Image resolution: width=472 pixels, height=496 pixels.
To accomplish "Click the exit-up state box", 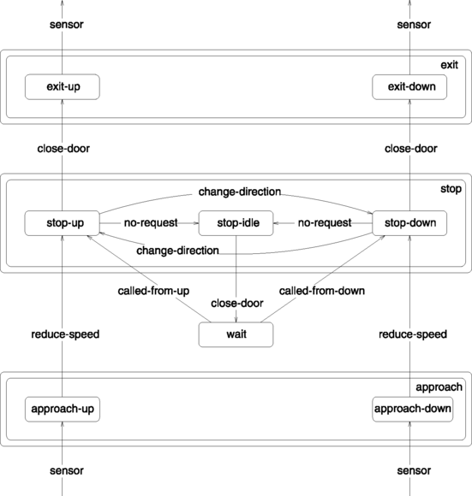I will click(63, 86).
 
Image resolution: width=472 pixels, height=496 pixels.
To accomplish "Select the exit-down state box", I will click(409, 86).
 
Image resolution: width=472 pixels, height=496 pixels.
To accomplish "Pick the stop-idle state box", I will click(236, 223).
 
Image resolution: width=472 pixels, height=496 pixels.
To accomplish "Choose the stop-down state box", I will click(409, 223).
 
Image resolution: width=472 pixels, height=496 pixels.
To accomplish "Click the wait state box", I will click(236, 334).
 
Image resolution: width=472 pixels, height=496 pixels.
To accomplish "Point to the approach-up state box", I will click(63, 409).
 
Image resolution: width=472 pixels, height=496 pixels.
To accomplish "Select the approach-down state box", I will click(409, 409).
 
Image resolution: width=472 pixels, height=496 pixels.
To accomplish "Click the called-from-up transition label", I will click(153, 291).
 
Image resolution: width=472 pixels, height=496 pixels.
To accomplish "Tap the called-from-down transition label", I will click(322, 291).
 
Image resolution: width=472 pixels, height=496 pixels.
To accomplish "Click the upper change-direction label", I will click(239, 191).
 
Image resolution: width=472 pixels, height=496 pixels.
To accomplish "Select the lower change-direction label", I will click(176, 251).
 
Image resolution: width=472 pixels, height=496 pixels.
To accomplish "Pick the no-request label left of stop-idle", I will click(150, 223).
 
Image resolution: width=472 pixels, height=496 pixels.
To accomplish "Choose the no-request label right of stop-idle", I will click(325, 223).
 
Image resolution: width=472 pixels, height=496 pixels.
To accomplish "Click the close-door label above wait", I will click(236, 304).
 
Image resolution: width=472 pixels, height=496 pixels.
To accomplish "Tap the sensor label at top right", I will click(409, 25).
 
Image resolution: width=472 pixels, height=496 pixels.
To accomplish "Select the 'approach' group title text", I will click(439, 387).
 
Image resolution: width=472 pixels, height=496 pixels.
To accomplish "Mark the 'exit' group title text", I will click(450, 65).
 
